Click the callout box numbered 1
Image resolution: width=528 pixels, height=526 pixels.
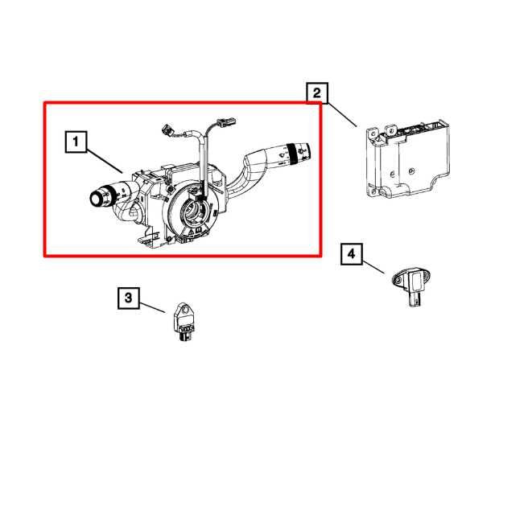tap(75, 143)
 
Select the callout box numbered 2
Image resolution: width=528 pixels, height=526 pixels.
tap(316, 94)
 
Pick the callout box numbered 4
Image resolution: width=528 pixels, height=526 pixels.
tap(350, 254)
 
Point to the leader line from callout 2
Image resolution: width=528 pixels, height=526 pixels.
tap(341, 112)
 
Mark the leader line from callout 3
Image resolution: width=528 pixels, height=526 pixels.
tap(153, 305)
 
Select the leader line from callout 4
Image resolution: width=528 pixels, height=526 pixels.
tap(373, 265)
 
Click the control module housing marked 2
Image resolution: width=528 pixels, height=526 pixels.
tap(406, 161)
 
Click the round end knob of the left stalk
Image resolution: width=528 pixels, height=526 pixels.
tap(97, 196)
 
